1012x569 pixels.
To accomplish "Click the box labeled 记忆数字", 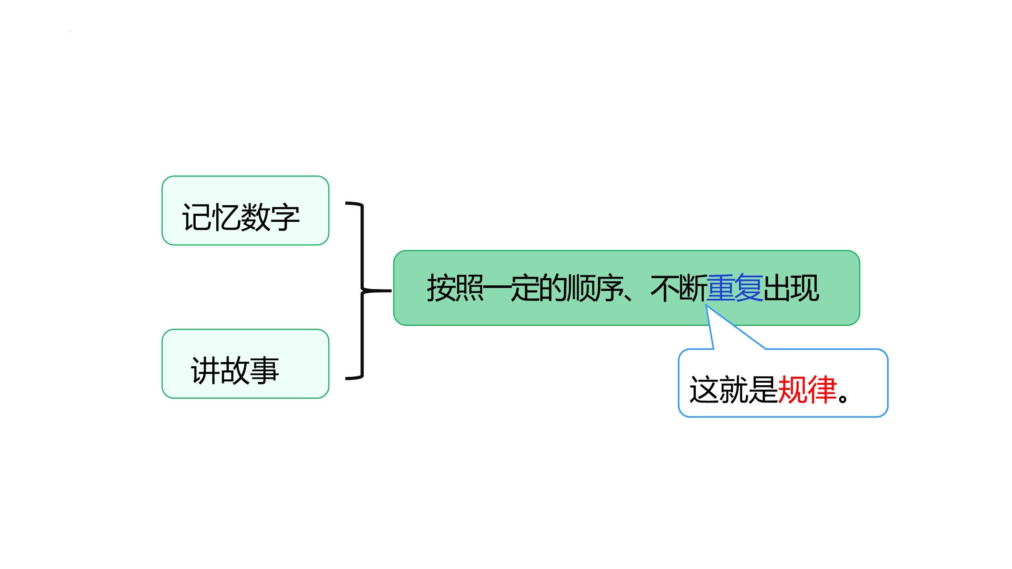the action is click(x=245, y=210).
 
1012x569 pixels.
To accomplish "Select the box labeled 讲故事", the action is click(x=245, y=364).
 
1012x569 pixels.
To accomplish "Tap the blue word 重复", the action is click(x=735, y=288).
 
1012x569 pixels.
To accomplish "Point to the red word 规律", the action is click(x=807, y=389).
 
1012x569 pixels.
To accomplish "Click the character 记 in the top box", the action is click(x=196, y=217).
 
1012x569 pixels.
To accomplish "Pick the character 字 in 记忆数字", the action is click(x=285, y=217).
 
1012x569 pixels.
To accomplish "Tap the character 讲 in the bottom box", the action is click(x=205, y=370).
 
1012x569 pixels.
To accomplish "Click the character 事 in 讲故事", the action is click(x=264, y=370).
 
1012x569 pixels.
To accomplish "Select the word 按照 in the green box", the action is click(x=455, y=288).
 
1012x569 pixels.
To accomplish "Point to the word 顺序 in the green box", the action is click(x=595, y=288).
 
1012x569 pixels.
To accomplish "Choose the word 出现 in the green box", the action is click(x=791, y=288).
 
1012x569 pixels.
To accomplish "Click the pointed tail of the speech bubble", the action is click(x=706, y=305).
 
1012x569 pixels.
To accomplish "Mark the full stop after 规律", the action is click(x=843, y=398).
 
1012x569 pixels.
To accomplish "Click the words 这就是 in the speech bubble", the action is click(x=734, y=389).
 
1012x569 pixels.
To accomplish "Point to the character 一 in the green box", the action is click(x=498, y=288).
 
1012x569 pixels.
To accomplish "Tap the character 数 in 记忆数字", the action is click(x=256, y=217).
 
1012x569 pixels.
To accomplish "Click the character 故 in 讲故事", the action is click(x=235, y=370).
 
